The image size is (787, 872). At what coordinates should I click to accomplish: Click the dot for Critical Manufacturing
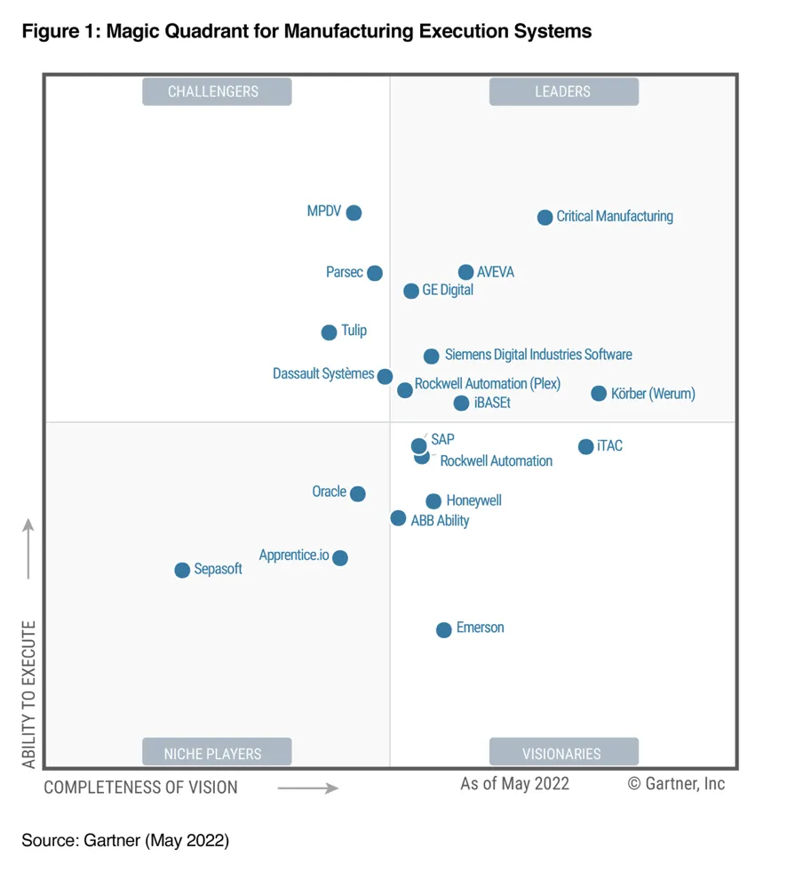click(x=545, y=217)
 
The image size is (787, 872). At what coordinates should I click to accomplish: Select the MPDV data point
click(x=354, y=212)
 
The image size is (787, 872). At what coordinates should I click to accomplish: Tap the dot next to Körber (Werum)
click(x=599, y=393)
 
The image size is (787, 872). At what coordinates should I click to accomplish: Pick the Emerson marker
click(x=443, y=629)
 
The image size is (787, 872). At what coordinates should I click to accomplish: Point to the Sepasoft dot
click(x=182, y=570)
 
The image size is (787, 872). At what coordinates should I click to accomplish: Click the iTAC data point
click(x=585, y=446)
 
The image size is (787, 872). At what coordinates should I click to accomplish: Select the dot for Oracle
click(x=357, y=493)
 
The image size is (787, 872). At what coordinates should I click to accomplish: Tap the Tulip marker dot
click(x=329, y=332)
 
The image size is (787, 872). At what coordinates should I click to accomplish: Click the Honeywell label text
click(x=473, y=500)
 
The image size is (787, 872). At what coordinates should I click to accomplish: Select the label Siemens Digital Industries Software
click(x=538, y=355)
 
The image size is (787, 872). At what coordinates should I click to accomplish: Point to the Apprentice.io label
click(x=294, y=556)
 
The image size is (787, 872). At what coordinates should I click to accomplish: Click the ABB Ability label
click(x=440, y=521)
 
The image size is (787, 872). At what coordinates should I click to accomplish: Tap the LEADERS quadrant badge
click(x=563, y=92)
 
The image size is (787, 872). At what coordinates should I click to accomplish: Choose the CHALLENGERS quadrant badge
click(x=217, y=92)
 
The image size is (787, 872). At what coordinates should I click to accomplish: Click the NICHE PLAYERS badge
click(x=217, y=753)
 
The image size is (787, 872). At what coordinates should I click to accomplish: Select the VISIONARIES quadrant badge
click(x=563, y=753)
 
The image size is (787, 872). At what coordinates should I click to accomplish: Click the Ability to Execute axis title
click(x=29, y=693)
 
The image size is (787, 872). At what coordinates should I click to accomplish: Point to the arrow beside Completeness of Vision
click(x=307, y=788)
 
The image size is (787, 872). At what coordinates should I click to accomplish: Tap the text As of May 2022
click(x=514, y=783)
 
